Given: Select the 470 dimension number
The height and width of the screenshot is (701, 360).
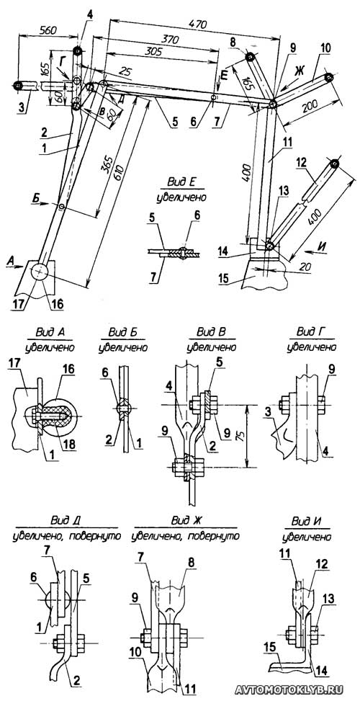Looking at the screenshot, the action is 197,24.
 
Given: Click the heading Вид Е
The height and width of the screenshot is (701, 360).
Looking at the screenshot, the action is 181,182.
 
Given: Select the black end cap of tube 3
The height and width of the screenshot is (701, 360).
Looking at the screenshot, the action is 17,86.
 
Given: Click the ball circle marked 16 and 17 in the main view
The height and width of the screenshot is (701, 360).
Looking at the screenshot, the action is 40,272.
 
